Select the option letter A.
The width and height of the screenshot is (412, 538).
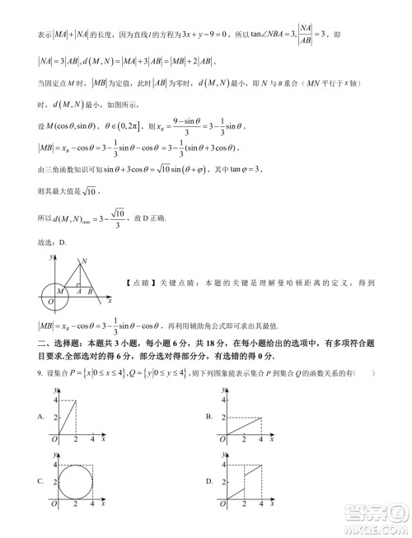pyautogui.click(x=40, y=418)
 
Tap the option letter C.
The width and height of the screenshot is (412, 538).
pyautogui.click(x=40, y=481)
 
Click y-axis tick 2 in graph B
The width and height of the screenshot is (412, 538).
pyautogui.click(x=221, y=418)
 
